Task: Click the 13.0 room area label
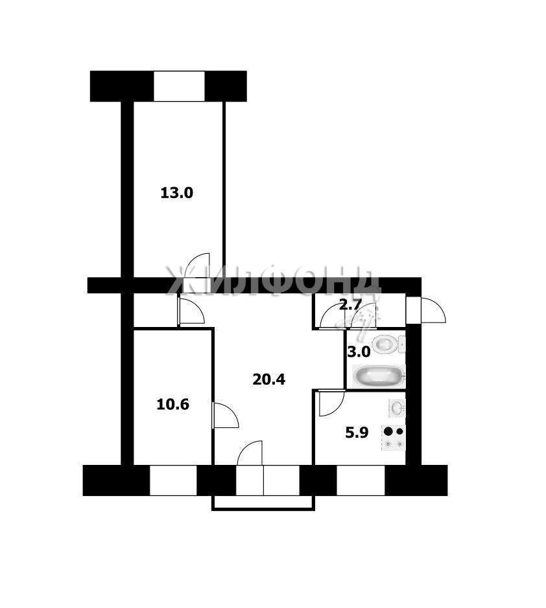pyautogui.click(x=176, y=193)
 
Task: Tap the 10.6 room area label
pyautogui.click(x=172, y=405)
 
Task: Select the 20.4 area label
pyautogui.click(x=268, y=379)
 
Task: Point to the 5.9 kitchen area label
pyautogui.click(x=357, y=432)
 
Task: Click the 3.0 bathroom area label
pyautogui.click(x=359, y=352)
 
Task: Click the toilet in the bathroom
pyautogui.click(x=388, y=344)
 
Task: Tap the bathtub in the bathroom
pyautogui.click(x=379, y=376)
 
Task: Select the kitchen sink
pyautogui.click(x=397, y=408)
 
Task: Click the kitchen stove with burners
pyautogui.click(x=394, y=438)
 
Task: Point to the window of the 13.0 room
pyautogui.click(x=179, y=86)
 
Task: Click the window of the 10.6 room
pyautogui.click(x=173, y=480)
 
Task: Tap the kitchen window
pyautogui.click(x=361, y=480)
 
